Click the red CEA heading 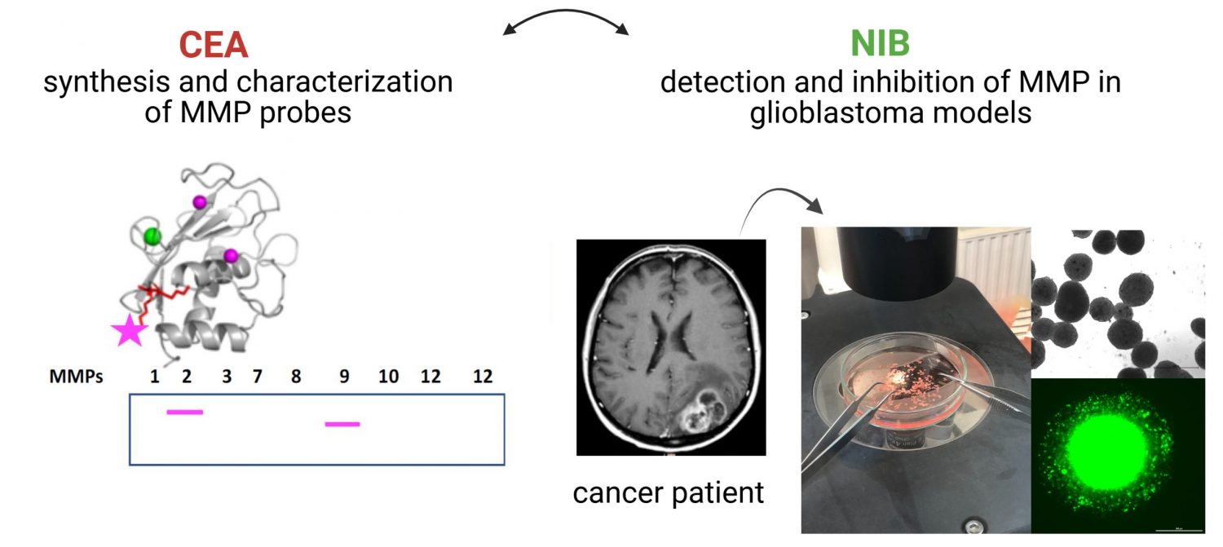point(213,45)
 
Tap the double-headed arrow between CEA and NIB point(566,20)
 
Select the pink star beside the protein point(129,330)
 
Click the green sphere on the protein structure point(152,236)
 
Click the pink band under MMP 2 point(184,412)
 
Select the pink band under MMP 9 point(342,424)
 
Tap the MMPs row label point(77,377)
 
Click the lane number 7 point(258,377)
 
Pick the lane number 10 point(388,377)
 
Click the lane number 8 point(295,377)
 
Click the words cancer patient point(669,493)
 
